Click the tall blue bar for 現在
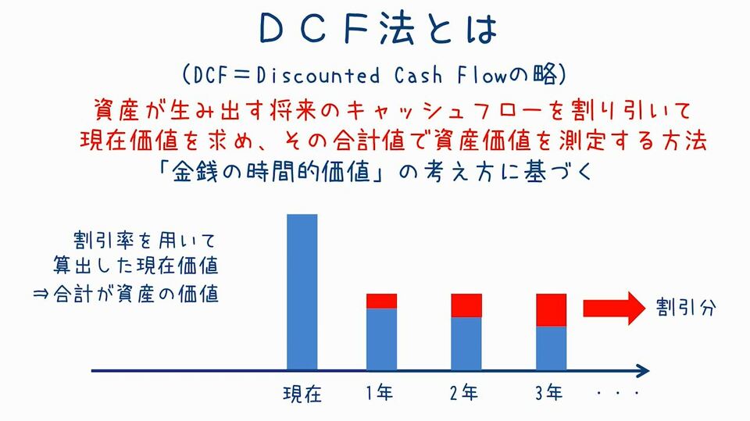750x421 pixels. tap(302, 291)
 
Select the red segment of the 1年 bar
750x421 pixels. tap(381, 301)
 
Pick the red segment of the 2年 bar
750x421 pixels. tap(466, 305)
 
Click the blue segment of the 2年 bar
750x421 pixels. tap(466, 343)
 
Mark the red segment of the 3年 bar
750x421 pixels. tap(551, 309)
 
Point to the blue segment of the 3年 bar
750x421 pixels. tap(551, 348)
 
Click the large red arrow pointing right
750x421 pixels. tap(611, 308)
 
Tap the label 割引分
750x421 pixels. tap(685, 308)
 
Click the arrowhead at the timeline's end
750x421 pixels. tap(642, 370)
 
